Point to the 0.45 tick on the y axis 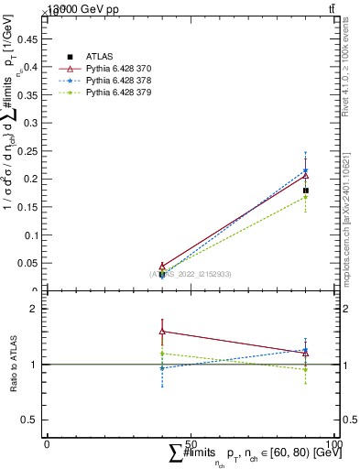pos(31,38)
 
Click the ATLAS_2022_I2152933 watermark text pos(192,274)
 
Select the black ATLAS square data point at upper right pos(306,191)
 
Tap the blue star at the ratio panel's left pos(162,368)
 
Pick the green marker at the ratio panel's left pos(162,354)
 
